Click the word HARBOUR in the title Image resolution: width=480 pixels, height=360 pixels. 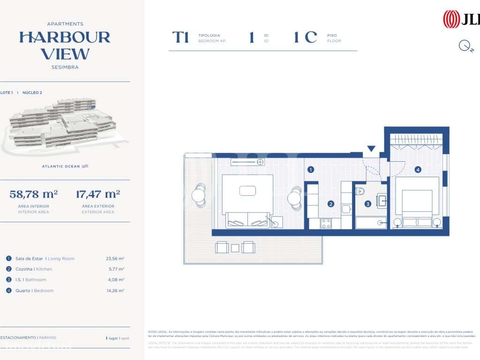tap(65, 37)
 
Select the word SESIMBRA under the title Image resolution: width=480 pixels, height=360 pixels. tap(65, 67)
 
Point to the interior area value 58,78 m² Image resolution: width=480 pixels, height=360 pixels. tap(34, 194)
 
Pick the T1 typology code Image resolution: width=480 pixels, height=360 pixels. tap(180, 37)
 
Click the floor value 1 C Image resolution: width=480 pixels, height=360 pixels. tap(306, 37)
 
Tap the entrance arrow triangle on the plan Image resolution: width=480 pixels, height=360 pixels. tap(371, 149)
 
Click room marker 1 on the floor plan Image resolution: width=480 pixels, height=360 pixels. tap(310, 170)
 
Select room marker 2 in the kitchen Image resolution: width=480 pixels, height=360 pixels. tap(331, 204)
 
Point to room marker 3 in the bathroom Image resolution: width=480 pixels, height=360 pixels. tap(368, 204)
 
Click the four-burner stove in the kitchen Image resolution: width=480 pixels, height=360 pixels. tap(326, 224)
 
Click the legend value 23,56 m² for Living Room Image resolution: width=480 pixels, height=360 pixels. tap(115, 258)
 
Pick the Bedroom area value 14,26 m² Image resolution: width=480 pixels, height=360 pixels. tap(115, 291)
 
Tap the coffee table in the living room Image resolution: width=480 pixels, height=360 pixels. tap(247, 191)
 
